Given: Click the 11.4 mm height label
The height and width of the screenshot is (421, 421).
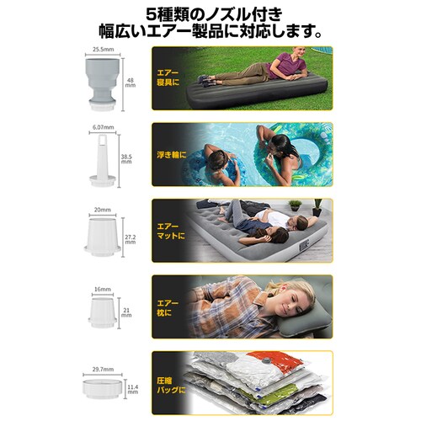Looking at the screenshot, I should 133,392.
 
